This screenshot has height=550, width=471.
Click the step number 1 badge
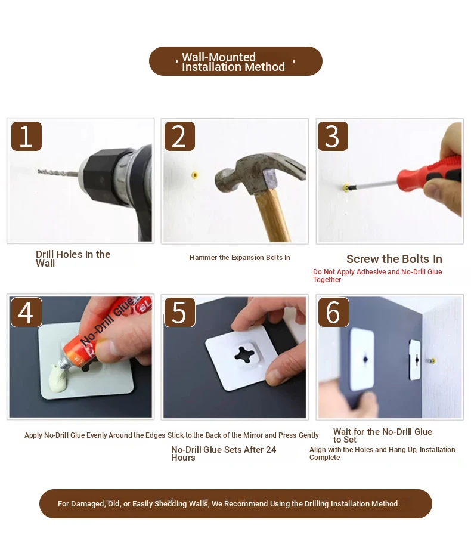[x=26, y=136]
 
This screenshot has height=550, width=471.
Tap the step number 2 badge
[x=179, y=136]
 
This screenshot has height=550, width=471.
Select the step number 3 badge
[x=333, y=136]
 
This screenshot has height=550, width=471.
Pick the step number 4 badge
[x=26, y=312]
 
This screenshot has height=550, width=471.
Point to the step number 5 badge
[x=179, y=312]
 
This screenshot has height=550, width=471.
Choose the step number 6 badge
[x=333, y=312]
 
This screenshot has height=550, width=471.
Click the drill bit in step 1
[x=58, y=172]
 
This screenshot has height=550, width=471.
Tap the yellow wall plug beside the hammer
[x=195, y=175]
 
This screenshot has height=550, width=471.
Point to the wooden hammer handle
[x=272, y=216]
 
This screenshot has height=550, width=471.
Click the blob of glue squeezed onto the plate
[x=59, y=379]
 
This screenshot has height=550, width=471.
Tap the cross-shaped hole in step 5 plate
[x=244, y=354]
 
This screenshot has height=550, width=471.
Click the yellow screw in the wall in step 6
[x=432, y=360]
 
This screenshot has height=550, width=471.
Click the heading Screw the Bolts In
[x=394, y=259]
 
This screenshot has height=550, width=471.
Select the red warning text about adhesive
[x=377, y=276]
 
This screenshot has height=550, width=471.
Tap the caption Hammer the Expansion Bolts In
[x=240, y=258]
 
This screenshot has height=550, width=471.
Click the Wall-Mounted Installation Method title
[x=233, y=62]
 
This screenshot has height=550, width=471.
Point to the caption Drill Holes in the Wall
[x=73, y=258]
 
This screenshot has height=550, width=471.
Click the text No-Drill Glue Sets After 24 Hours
[x=224, y=453]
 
